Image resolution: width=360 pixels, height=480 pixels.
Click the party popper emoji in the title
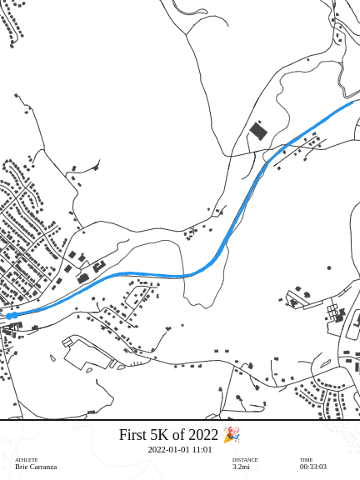(231, 435)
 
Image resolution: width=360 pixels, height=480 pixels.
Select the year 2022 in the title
(202, 435)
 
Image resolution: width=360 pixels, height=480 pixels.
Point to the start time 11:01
(202, 450)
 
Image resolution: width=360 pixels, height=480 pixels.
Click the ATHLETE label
(26, 460)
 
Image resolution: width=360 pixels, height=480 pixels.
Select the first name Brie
(22, 467)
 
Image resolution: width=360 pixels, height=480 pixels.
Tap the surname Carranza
(43, 467)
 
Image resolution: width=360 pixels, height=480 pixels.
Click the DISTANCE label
(245, 460)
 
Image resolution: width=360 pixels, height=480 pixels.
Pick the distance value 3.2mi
(241, 467)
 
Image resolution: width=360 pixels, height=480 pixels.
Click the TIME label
(306, 460)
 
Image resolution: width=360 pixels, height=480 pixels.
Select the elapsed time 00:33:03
(313, 467)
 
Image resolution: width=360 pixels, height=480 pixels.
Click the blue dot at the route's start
(9, 316)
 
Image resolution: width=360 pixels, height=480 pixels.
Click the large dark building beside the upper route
(258, 131)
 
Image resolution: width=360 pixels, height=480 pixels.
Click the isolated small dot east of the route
(329, 267)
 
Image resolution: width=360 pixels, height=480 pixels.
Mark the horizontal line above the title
(180, 420)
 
